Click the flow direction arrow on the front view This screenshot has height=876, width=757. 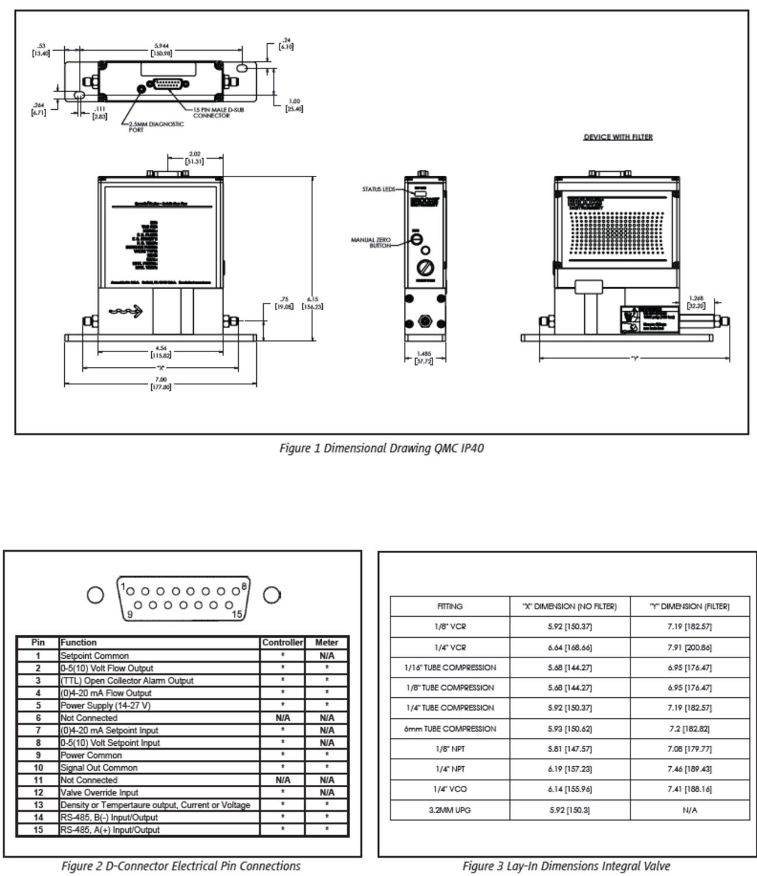(126, 311)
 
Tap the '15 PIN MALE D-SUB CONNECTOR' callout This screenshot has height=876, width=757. (218, 113)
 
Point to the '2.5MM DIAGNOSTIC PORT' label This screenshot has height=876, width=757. (156, 127)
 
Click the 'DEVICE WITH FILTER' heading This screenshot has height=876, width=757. (618, 137)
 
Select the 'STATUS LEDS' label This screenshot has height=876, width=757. (378, 189)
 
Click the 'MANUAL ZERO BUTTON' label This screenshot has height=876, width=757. (371, 243)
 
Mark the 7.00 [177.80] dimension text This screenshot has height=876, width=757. (161, 384)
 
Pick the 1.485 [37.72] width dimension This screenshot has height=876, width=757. (424, 357)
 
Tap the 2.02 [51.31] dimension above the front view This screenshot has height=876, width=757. (194, 158)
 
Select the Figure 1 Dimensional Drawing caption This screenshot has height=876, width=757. (381, 449)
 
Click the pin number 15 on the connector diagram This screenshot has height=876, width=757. (237, 614)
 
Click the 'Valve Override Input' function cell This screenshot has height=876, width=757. (100, 792)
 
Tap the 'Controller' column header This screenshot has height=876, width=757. (282, 642)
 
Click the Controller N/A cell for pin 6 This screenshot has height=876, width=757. (282, 718)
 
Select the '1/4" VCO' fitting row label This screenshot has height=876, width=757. (450, 789)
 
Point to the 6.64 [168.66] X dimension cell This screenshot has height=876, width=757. (570, 647)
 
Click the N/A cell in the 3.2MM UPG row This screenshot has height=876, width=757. (689, 810)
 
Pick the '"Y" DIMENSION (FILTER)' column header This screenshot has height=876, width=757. (689, 607)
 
